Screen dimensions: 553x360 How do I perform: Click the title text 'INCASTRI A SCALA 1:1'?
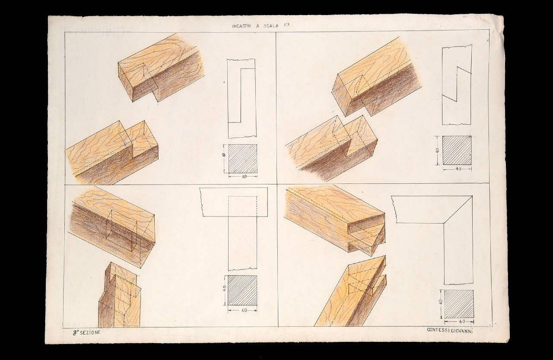coord(261,26)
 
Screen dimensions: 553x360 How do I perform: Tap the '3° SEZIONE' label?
coord(86,332)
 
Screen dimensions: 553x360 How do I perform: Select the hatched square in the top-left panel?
coord(242,159)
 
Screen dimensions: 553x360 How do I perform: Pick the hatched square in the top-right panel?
coord(457,150)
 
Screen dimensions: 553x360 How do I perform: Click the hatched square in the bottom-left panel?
coord(242,291)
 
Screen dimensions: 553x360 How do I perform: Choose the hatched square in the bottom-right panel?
coord(459,304)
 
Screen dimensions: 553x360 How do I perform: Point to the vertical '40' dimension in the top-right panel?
coord(437,150)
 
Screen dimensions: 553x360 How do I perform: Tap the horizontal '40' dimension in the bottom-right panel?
coord(459,322)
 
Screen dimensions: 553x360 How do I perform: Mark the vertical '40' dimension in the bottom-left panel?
coord(225,290)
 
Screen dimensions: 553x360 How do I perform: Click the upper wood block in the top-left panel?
coord(161,68)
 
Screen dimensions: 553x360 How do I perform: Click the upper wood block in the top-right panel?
coord(376,77)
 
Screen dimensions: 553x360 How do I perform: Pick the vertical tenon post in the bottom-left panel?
coord(120,295)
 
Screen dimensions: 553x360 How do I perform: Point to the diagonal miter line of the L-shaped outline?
coord(458,210)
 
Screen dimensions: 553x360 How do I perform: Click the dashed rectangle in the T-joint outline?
coord(242,206)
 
